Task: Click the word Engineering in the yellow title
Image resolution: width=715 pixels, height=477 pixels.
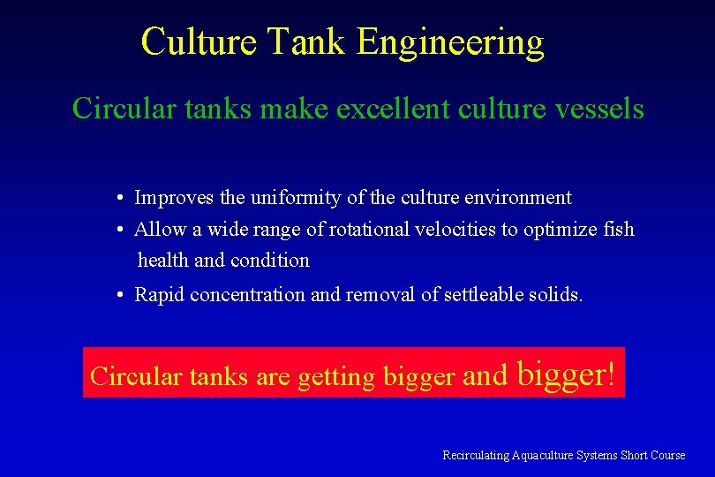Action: pyautogui.click(x=450, y=42)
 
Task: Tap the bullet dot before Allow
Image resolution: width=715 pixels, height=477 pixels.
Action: pyautogui.click(x=118, y=230)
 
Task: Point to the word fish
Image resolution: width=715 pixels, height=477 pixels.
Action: pyautogui.click(x=618, y=230)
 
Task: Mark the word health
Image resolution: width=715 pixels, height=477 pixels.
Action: pyautogui.click(x=163, y=261)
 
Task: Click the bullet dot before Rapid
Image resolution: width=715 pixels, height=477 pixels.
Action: pyautogui.click(x=118, y=295)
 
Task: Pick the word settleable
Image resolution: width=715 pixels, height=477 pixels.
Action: pyautogui.click(x=485, y=295)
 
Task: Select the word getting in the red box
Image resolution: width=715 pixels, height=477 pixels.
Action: pyautogui.click(x=336, y=377)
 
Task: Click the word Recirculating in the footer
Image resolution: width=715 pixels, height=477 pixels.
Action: pyautogui.click(x=476, y=455)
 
